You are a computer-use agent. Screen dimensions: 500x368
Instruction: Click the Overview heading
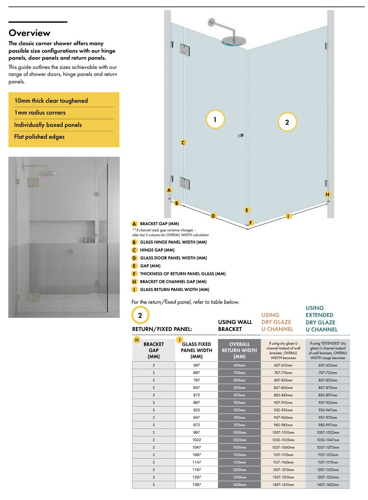pos(29,33)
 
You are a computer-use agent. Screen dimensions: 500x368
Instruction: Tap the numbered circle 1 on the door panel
pos(215,119)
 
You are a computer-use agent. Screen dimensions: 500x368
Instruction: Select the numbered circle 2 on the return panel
pos(287,122)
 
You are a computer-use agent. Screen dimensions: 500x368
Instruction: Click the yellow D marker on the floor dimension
pos(213,216)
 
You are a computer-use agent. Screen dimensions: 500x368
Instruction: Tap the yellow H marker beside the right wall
pos(327,194)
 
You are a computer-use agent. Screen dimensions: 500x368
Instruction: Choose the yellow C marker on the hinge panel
pos(183,142)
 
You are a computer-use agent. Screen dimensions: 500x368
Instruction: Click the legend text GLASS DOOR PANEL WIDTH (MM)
pos(173,258)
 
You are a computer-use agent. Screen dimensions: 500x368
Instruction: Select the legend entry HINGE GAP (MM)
pos(157,250)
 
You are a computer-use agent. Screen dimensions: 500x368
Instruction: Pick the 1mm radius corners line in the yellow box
pos(40,113)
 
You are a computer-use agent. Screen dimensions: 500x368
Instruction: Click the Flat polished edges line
pos(39,137)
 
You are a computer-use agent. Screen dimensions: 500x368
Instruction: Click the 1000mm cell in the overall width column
pos(239,432)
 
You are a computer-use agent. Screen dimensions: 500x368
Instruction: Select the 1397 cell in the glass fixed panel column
pos(197,485)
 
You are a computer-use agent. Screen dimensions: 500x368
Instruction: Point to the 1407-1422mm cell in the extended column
pos(328,485)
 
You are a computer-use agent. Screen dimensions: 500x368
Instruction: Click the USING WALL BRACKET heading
pos(235,325)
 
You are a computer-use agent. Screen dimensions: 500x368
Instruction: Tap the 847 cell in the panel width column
pos(197,388)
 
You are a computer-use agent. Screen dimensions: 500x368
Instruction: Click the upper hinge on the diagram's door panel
pos(184,48)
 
